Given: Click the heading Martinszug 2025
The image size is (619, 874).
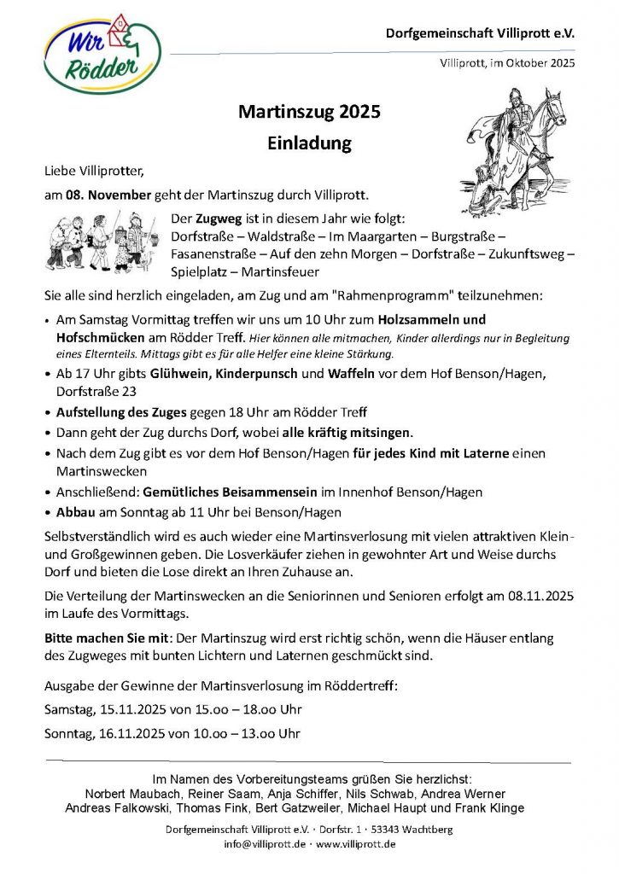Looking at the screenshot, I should point(309,112).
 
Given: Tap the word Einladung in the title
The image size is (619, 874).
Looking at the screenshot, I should point(309,143).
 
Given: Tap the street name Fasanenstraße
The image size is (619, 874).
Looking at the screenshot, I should point(212,253).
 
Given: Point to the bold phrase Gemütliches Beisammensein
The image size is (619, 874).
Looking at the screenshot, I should point(217,492).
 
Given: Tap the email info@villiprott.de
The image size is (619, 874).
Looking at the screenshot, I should point(265,844).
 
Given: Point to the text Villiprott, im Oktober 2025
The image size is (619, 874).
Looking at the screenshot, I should point(507,63).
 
